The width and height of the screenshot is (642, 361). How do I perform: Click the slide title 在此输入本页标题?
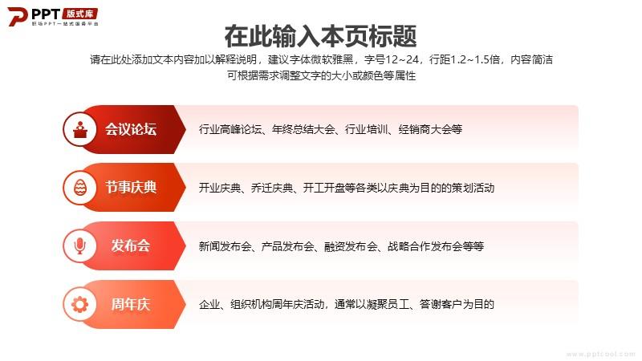[x=320, y=36]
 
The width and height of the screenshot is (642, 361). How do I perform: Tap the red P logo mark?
[x=17, y=16]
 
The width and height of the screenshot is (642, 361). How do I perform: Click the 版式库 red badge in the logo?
[x=80, y=14]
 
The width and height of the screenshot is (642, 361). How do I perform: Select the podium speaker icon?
[x=80, y=129]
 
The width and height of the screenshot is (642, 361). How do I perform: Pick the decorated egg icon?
[x=80, y=188]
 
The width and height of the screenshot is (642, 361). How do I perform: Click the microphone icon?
[x=79, y=246]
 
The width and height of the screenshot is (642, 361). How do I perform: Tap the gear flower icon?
[x=79, y=304]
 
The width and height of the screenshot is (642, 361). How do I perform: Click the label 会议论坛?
[x=131, y=129]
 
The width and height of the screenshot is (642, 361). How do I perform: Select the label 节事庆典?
[x=131, y=188]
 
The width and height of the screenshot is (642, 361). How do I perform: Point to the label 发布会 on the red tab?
[x=131, y=246]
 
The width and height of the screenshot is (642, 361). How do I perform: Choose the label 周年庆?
[x=131, y=304]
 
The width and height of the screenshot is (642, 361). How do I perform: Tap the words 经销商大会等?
[x=430, y=129]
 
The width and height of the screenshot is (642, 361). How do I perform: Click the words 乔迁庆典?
[x=272, y=188]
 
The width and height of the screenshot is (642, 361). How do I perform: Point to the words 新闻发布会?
[x=226, y=246]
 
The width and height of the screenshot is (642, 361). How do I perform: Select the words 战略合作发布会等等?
[x=436, y=246]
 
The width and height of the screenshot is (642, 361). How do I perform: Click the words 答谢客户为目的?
[x=457, y=305]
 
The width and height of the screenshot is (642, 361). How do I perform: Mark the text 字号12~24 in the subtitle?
[x=391, y=59]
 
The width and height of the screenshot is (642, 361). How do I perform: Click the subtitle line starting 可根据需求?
[x=322, y=75]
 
